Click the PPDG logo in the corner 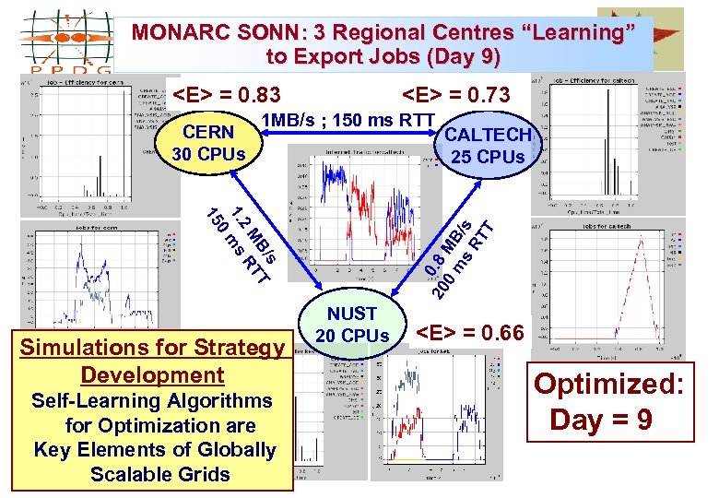(65, 40)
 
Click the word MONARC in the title (174, 32)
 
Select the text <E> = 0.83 (227, 95)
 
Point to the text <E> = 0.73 (456, 95)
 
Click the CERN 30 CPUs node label (209, 143)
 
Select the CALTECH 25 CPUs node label (489, 145)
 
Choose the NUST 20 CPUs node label (351, 325)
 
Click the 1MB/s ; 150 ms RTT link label (348, 120)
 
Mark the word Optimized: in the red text (609, 384)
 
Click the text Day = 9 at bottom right (601, 420)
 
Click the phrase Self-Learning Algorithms (152, 401)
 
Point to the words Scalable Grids (160, 474)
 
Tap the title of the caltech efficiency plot (608, 83)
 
